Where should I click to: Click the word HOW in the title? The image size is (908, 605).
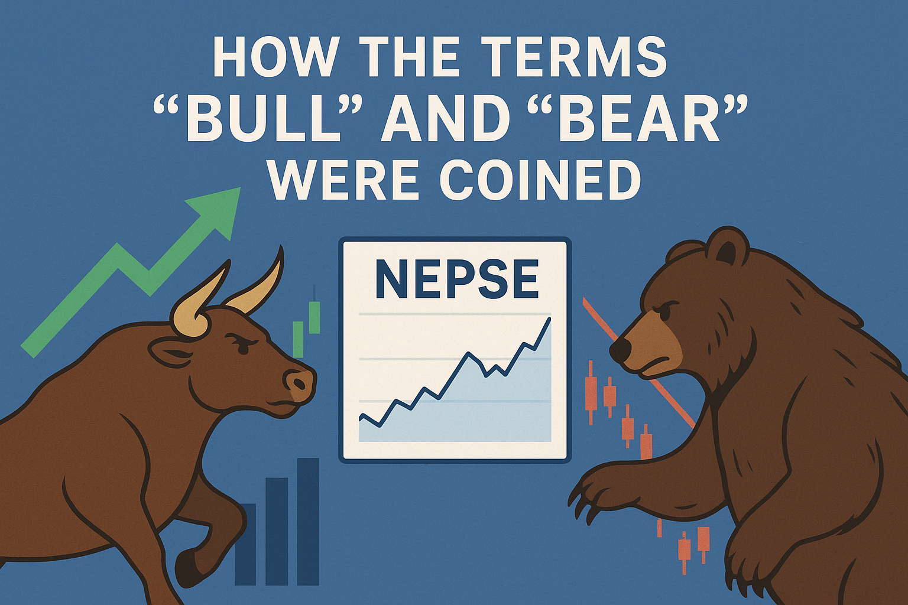tap(275, 57)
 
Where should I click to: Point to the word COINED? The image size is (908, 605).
tap(540, 180)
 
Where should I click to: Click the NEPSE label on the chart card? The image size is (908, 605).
tap(457, 279)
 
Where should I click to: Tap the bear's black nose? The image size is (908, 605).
tap(620, 350)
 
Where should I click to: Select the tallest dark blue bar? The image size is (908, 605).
tap(308, 522)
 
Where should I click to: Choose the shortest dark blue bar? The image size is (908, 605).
tap(245, 545)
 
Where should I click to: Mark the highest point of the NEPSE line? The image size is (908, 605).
tap(550, 318)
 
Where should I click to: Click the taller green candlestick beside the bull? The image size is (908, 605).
tap(314, 317)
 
